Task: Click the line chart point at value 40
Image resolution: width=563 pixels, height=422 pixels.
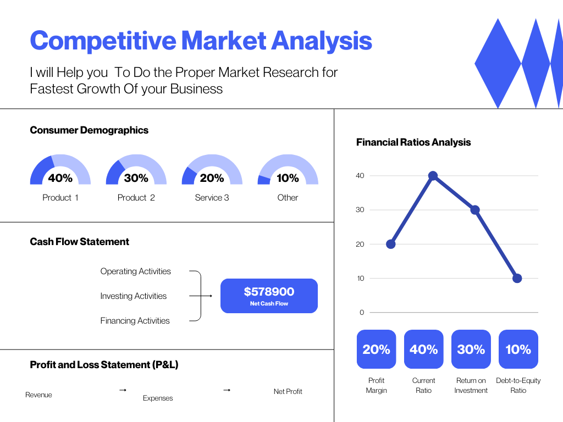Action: pos(433,176)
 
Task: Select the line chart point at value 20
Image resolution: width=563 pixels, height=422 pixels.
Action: pos(391,244)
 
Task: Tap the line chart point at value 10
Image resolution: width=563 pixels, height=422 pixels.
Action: pos(517,278)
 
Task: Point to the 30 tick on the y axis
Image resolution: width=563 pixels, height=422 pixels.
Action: pos(360,209)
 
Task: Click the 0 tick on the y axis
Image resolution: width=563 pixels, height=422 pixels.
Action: pos(362,312)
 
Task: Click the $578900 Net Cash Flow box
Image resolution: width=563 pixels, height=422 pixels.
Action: pos(269,296)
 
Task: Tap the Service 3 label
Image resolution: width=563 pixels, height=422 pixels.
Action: pos(212,197)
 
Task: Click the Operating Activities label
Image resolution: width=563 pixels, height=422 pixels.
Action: pos(135,271)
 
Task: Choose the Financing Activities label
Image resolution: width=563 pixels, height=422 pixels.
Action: pos(135,320)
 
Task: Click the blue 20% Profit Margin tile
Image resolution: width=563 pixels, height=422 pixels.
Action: pos(376,349)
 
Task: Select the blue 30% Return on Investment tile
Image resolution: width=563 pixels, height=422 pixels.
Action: pos(471,349)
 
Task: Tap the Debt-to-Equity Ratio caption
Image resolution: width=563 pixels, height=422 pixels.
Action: pos(518,385)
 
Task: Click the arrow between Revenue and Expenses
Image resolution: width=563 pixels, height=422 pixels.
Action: pos(123,390)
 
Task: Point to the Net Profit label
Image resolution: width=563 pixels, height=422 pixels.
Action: pos(288,391)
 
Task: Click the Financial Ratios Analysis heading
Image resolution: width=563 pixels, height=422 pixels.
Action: pos(413,142)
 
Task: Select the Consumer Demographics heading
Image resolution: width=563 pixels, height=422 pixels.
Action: pos(89,130)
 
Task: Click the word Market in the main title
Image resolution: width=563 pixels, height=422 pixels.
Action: pos(223,41)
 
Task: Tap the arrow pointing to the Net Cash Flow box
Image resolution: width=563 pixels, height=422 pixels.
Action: pos(200,296)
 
